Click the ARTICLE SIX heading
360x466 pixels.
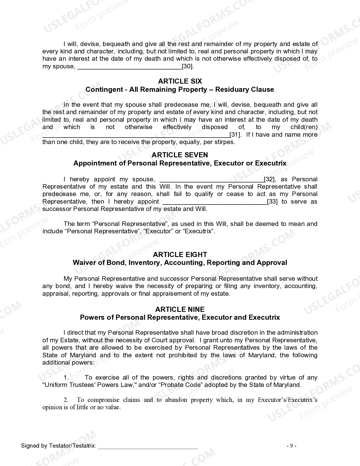(x=180, y=81)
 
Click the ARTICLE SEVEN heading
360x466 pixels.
(x=180, y=155)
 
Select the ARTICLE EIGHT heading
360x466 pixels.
(x=180, y=254)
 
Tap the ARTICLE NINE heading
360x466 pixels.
(x=180, y=309)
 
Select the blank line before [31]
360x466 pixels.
(x=136, y=135)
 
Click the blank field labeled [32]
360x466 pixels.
(x=211, y=179)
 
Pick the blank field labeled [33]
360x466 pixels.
(x=215, y=202)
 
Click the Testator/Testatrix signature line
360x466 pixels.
(x=148, y=446)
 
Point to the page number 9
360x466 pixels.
(x=291, y=446)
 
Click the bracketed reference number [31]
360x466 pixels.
(x=235, y=135)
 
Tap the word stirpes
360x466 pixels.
(x=224, y=142)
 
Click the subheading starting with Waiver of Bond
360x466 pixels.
(x=180, y=263)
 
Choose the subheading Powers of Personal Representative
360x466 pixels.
(x=180, y=317)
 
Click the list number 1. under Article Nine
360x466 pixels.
(x=66, y=378)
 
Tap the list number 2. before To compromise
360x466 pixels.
(x=66, y=400)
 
